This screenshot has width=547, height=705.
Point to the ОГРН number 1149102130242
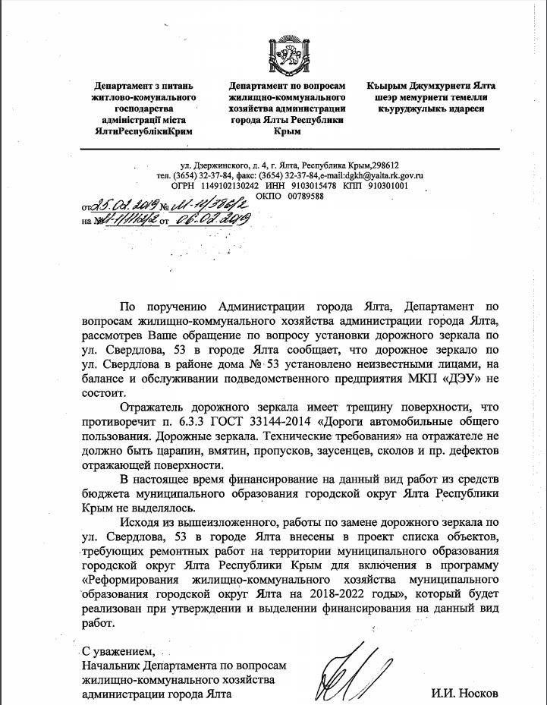227,184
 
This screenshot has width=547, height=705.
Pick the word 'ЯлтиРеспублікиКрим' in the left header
143,131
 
